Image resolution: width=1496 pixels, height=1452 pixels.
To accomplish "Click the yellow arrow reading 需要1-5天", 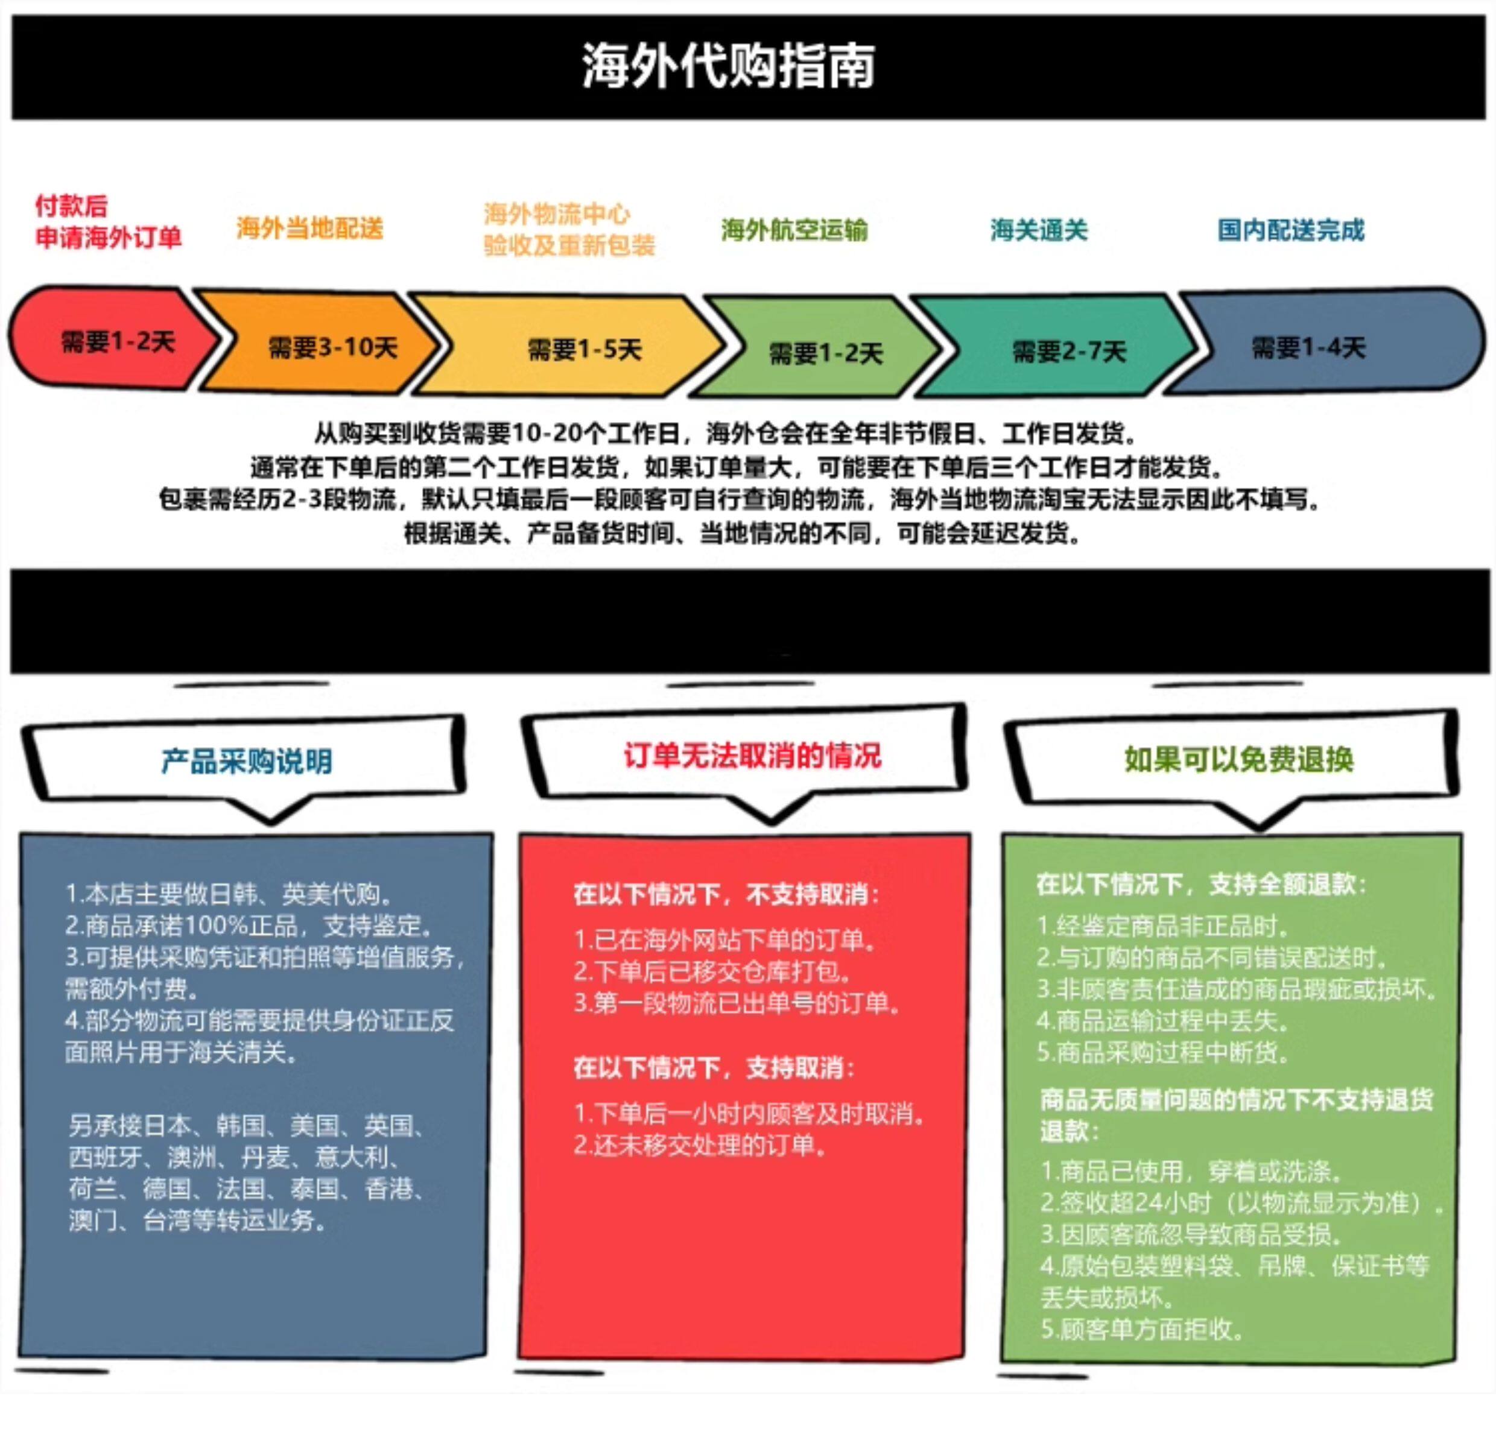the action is click(584, 350).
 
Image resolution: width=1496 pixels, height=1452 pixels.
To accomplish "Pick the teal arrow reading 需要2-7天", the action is click(1068, 351).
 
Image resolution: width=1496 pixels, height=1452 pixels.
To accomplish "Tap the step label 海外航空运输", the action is click(794, 230).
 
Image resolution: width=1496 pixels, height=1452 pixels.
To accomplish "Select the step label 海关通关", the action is click(1038, 230).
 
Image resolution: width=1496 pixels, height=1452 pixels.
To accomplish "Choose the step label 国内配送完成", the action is click(1290, 230).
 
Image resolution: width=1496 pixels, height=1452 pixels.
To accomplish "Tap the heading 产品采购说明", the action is click(247, 761).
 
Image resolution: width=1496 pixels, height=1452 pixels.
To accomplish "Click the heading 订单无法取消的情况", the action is click(752, 756).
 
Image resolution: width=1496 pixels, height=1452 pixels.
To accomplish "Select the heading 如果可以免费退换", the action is click(1238, 759).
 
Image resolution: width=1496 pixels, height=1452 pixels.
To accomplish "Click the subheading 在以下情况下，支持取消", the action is click(714, 1067).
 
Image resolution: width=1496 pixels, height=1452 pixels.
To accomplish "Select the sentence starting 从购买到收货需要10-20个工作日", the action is click(725, 434).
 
